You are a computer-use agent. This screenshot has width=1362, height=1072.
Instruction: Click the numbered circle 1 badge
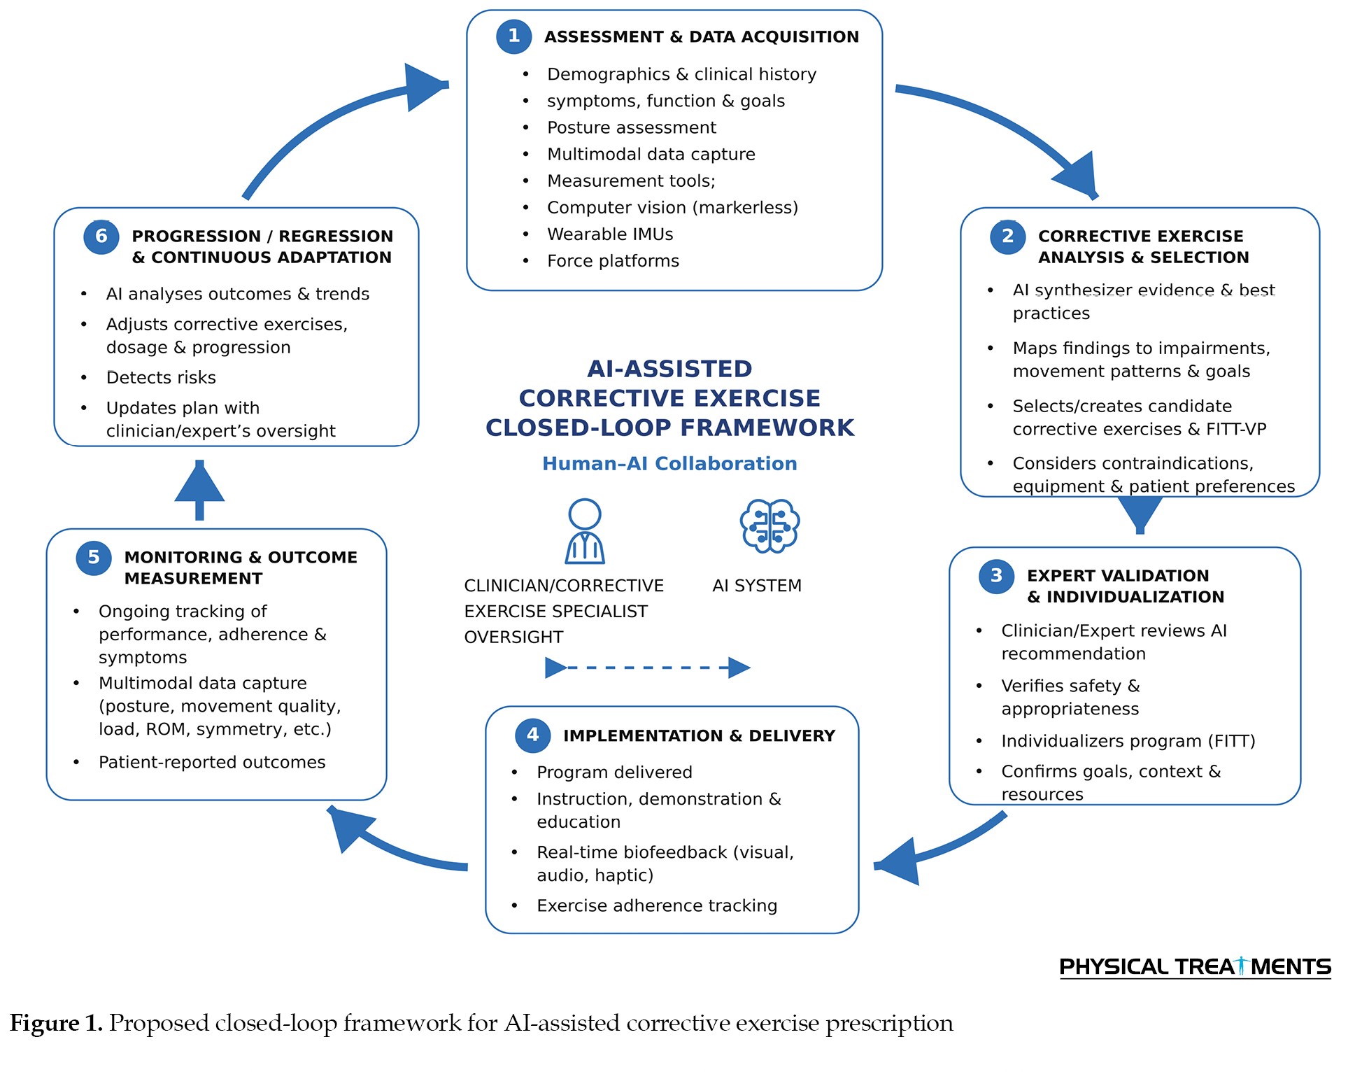pyautogui.click(x=513, y=36)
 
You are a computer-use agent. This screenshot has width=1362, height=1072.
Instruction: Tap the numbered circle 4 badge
pyautogui.click(x=532, y=735)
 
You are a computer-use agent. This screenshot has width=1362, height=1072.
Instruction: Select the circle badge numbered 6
pyautogui.click(x=101, y=236)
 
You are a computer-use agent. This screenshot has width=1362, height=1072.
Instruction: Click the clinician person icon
pyautogui.click(x=585, y=531)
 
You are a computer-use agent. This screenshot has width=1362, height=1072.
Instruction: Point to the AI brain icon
pyautogui.click(x=769, y=526)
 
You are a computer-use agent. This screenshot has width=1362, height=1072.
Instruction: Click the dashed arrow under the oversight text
pyautogui.click(x=648, y=668)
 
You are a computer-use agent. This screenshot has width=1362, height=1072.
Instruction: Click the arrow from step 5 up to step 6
pyautogui.click(x=199, y=490)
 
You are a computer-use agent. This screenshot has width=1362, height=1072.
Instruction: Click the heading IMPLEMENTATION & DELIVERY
pyautogui.click(x=699, y=735)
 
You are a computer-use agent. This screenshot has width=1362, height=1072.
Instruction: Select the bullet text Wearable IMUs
pyautogui.click(x=610, y=234)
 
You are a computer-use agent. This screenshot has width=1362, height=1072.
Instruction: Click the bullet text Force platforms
pyautogui.click(x=613, y=261)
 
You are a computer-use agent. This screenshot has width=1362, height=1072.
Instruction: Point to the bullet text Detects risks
pyautogui.click(x=161, y=378)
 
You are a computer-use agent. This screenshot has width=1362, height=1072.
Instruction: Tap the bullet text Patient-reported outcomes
pyautogui.click(x=212, y=762)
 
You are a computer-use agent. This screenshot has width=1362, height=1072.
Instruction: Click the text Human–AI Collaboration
pyautogui.click(x=669, y=463)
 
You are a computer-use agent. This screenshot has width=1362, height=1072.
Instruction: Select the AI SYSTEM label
pyautogui.click(x=757, y=586)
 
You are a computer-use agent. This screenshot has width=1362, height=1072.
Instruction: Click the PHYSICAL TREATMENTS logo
pyautogui.click(x=1195, y=967)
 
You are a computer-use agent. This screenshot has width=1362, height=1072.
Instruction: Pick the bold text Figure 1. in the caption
pyautogui.click(x=56, y=1023)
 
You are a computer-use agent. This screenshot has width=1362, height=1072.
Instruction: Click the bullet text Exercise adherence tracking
pyautogui.click(x=657, y=905)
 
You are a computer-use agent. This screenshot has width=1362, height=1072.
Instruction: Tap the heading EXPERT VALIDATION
pyautogui.click(x=1118, y=576)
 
